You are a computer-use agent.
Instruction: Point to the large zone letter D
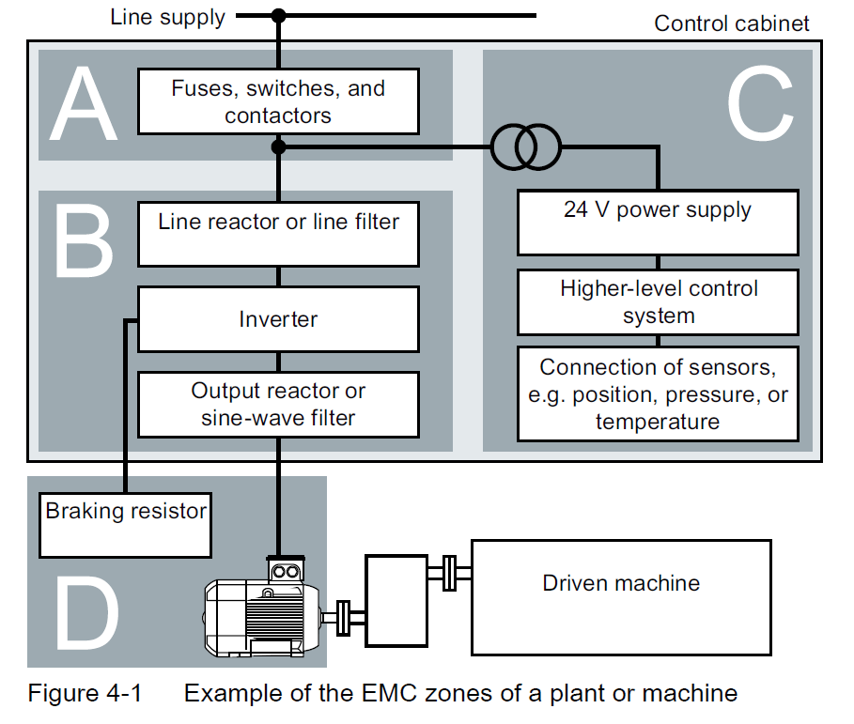86,611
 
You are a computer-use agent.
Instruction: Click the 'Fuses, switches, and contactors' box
278,101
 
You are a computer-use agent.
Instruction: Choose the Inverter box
278,320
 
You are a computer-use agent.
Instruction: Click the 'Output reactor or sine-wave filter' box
278,404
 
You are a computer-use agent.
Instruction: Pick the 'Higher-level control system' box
658,301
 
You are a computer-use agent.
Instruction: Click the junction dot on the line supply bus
278,15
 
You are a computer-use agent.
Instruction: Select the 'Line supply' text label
167,17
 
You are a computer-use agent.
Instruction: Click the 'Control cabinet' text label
731,23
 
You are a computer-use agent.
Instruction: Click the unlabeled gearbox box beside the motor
396,600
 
